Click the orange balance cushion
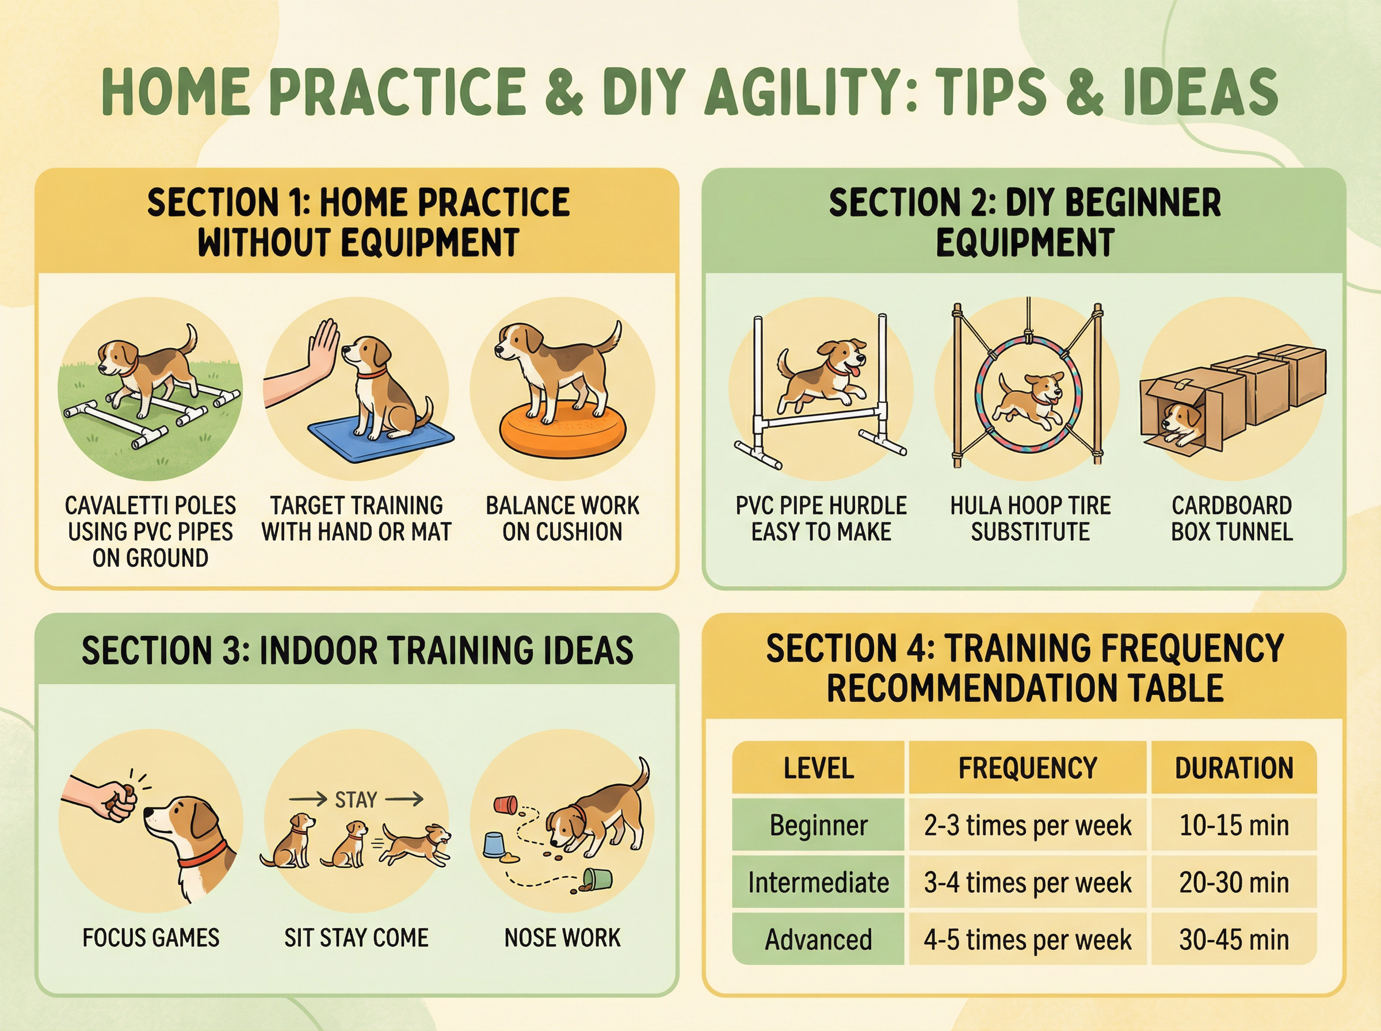(x=562, y=432)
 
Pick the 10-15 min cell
(x=1234, y=825)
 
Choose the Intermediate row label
(x=818, y=883)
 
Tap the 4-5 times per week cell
(x=1027, y=940)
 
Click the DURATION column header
(x=1234, y=767)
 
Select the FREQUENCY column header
(x=1027, y=767)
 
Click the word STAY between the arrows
(x=356, y=800)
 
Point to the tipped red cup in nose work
(x=505, y=804)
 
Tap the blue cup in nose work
(x=495, y=845)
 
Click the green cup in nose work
(x=597, y=879)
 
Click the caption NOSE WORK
(x=562, y=937)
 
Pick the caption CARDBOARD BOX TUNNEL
(x=1232, y=518)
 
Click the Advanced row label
(x=818, y=940)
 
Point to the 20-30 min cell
(x=1234, y=883)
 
